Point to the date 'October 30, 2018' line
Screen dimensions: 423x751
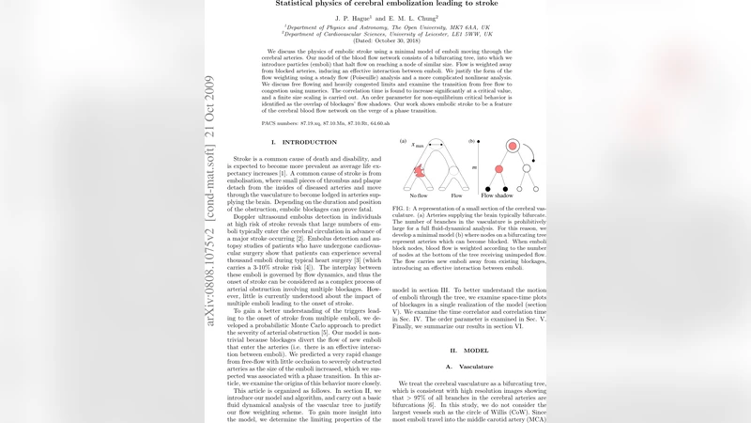(375, 40)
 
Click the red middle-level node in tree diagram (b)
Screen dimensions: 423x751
(498, 168)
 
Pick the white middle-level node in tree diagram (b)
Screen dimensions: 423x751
(526, 168)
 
